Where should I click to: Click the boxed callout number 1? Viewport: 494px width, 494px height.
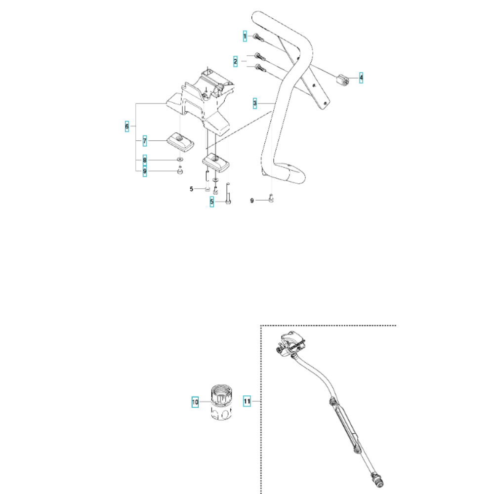tap(244, 36)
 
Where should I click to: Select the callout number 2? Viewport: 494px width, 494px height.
tap(236, 61)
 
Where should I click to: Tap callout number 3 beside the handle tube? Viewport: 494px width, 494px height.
tap(254, 103)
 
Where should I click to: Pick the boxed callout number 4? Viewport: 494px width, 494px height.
tap(361, 78)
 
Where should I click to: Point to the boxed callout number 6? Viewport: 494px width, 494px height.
tap(127, 127)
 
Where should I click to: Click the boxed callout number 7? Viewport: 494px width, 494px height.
tap(145, 141)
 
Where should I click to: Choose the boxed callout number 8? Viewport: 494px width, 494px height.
tap(145, 160)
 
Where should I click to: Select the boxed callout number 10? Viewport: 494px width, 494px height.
tap(195, 402)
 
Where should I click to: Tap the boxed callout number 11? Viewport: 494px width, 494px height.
tap(247, 402)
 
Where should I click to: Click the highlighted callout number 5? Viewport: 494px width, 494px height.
tap(211, 202)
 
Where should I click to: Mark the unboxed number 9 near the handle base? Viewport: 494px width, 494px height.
tap(252, 201)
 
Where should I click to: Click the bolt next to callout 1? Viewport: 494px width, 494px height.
tap(258, 37)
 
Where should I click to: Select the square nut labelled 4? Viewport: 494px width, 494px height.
tap(342, 78)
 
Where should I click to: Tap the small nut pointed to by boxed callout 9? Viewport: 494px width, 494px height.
tap(181, 172)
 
